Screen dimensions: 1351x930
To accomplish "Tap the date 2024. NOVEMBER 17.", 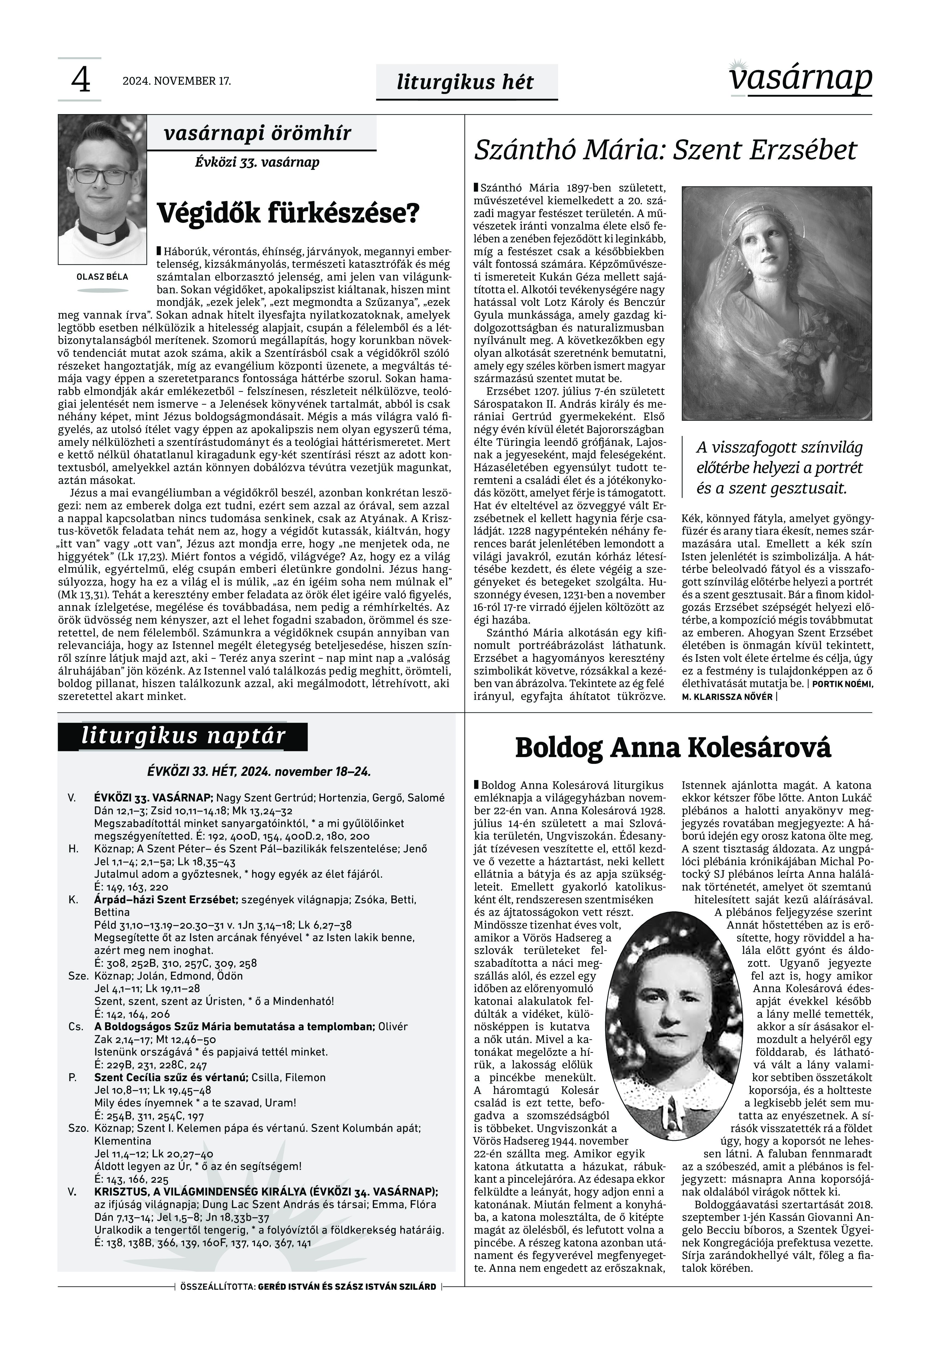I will point(177,81).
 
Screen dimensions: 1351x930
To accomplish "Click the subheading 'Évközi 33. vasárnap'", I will point(257,163).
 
